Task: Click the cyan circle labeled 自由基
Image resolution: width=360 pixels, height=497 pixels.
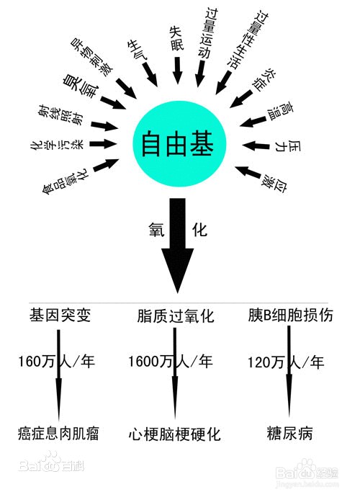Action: [179, 144]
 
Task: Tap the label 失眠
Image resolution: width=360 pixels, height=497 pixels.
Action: [177, 38]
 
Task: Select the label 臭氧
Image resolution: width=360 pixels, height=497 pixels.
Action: [81, 86]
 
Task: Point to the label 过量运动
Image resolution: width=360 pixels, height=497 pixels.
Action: [208, 33]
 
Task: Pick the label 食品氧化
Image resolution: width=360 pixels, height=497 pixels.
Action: [66, 180]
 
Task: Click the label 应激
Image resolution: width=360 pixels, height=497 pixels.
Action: [274, 184]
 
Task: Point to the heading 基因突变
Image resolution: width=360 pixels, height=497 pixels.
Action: [60, 315]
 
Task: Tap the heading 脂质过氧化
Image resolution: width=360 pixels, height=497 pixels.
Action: [176, 315]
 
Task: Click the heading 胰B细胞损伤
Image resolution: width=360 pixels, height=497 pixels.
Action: [290, 315]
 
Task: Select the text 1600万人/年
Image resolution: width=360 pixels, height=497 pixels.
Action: [171, 362]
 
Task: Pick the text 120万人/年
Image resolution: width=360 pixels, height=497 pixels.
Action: [286, 362]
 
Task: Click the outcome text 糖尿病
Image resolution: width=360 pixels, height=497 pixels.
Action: [289, 434]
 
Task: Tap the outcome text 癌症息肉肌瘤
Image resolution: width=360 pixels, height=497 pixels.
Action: [58, 434]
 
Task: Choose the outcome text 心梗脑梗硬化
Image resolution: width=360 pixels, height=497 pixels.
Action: [175, 434]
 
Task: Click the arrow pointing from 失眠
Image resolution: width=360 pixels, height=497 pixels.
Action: [177, 71]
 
